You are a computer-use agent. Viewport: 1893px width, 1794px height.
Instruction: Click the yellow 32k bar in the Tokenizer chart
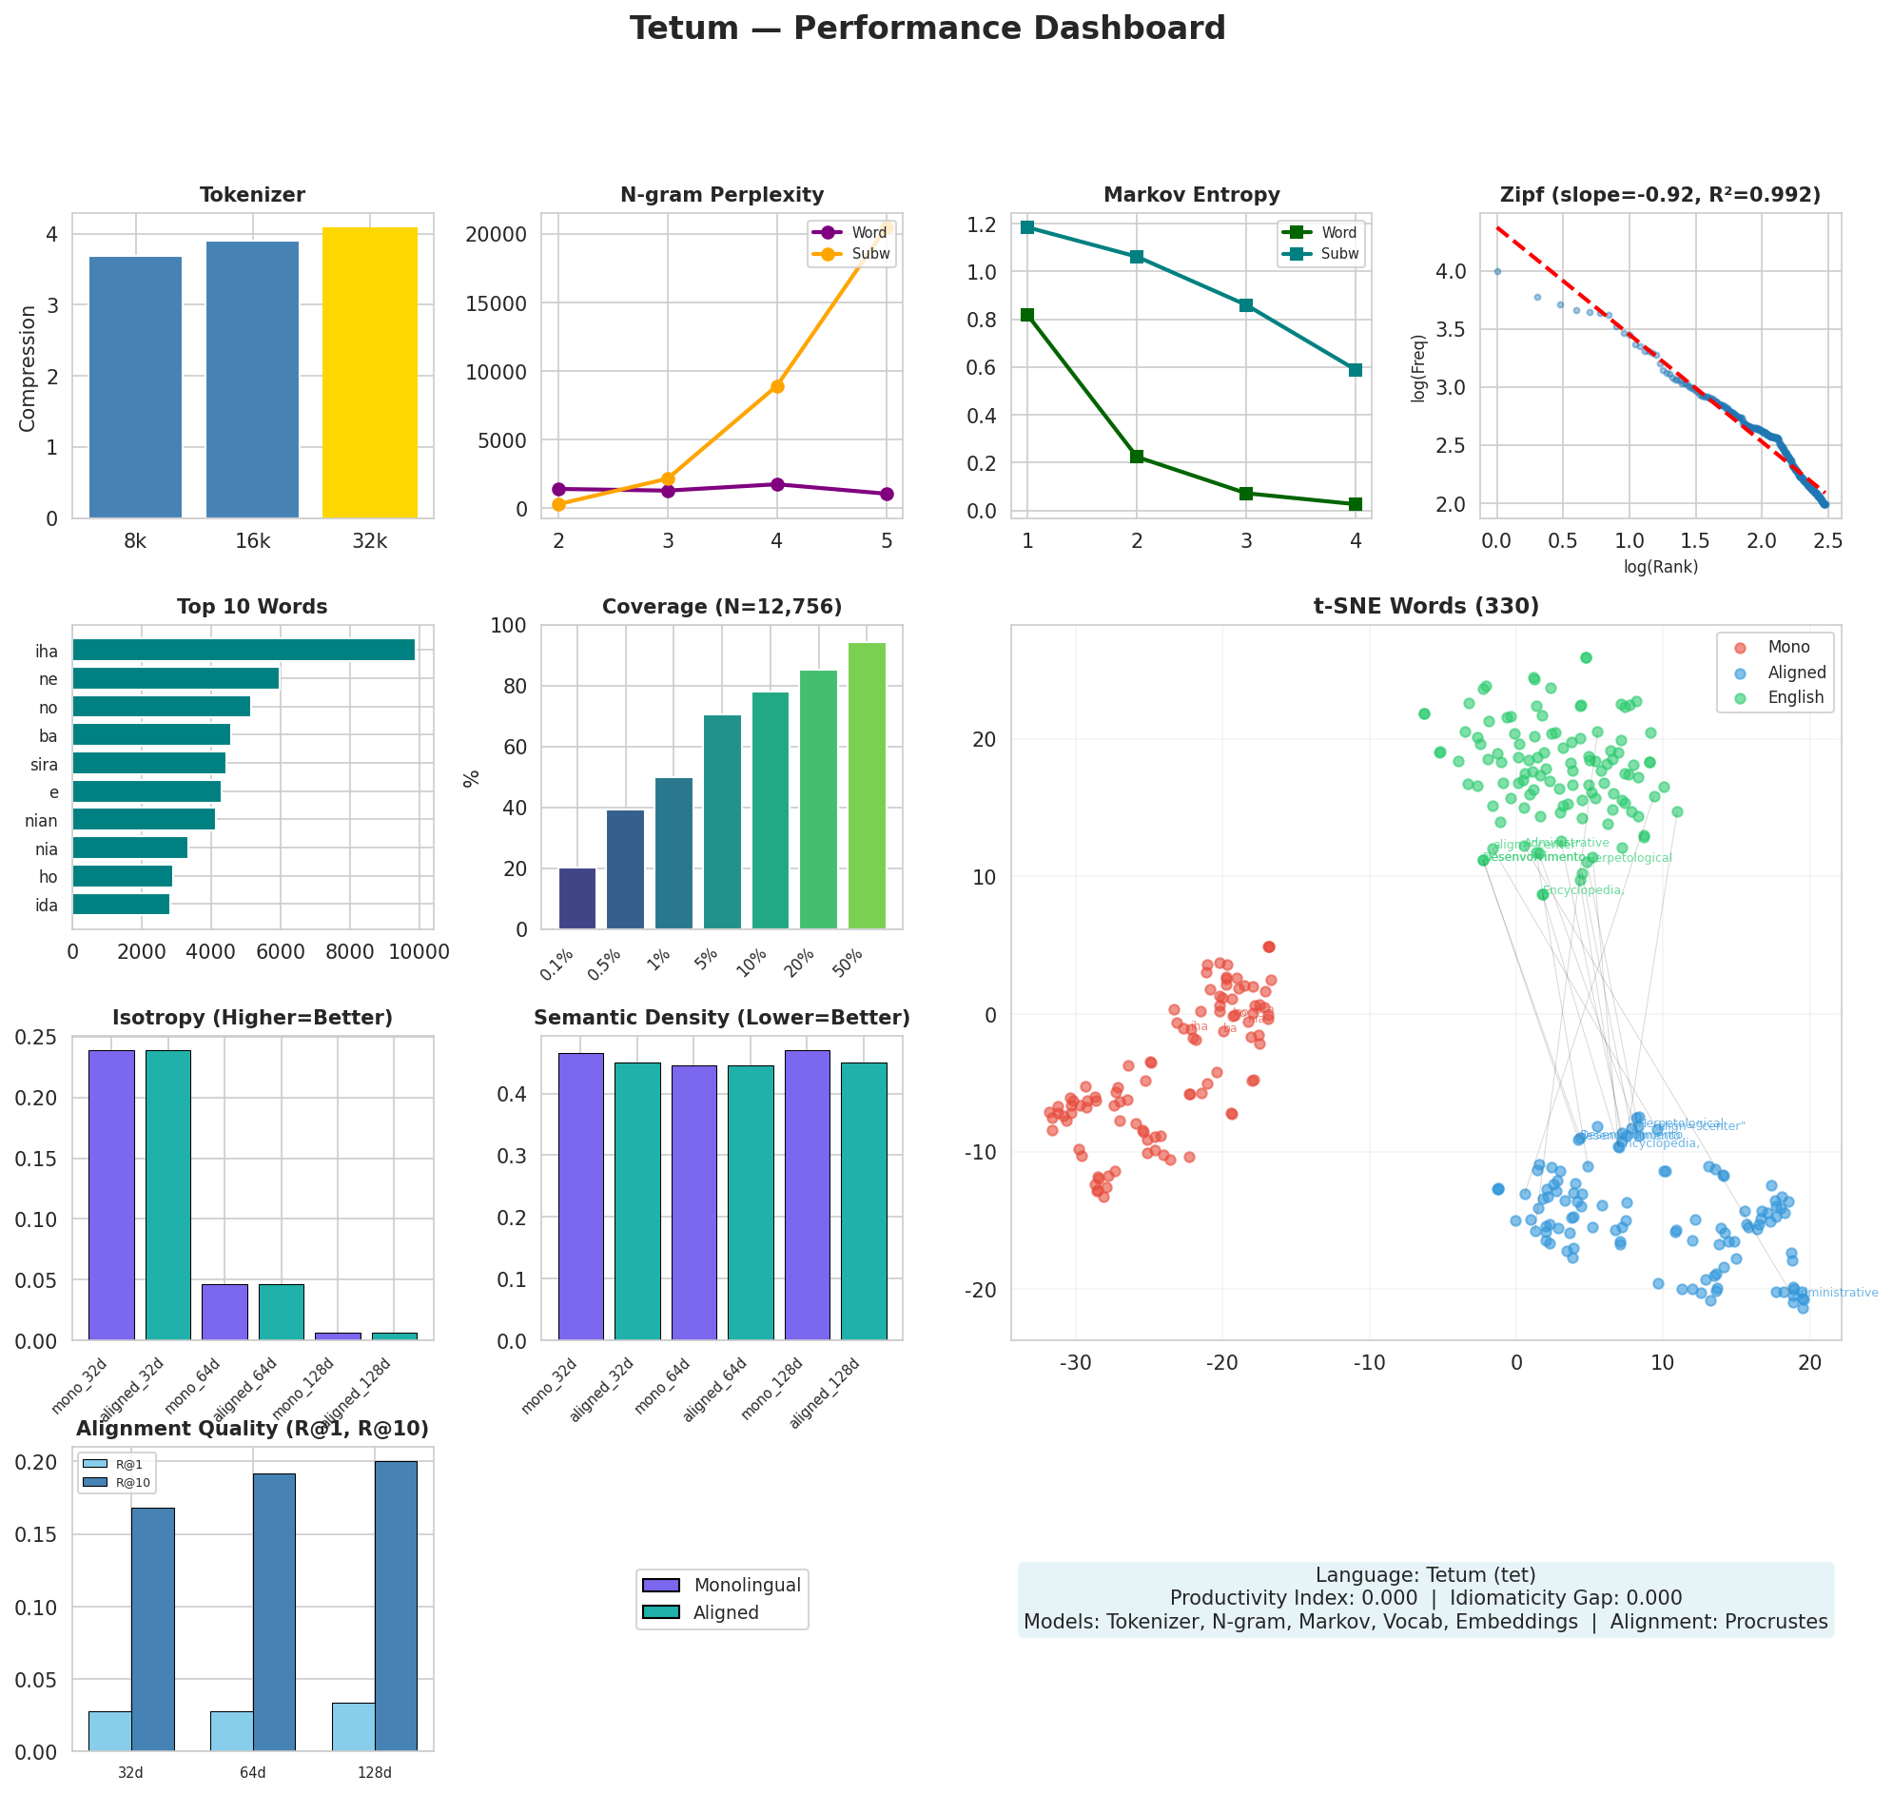[x=369, y=373]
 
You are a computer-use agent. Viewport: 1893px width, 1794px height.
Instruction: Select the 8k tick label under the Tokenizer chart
[x=135, y=542]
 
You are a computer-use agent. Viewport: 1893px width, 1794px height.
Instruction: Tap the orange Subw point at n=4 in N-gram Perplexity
[x=777, y=386]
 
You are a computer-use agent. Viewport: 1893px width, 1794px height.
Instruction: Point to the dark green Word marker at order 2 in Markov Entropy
[x=1137, y=458]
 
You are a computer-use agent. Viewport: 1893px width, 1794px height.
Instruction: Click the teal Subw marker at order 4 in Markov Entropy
[x=1355, y=370]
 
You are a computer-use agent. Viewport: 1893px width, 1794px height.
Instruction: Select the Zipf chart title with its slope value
[x=1660, y=195]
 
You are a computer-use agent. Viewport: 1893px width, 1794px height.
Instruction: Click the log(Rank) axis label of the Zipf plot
[x=1660, y=567]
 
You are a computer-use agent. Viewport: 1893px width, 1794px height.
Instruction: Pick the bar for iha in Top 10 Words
[x=243, y=651]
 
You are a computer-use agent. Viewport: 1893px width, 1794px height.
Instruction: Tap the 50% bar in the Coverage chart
[x=867, y=786]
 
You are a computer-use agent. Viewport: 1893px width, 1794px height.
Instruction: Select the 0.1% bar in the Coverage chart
[x=576, y=899]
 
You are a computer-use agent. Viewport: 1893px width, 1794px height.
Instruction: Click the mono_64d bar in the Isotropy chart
[x=224, y=1311]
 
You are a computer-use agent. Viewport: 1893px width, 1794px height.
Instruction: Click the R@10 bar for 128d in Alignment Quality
[x=396, y=1606]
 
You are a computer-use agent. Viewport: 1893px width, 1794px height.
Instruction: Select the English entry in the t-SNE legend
[x=1794, y=698]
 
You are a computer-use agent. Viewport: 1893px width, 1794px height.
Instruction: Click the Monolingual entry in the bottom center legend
[x=746, y=1586]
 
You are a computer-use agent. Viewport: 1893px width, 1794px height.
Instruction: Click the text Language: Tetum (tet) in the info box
[x=1425, y=1575]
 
